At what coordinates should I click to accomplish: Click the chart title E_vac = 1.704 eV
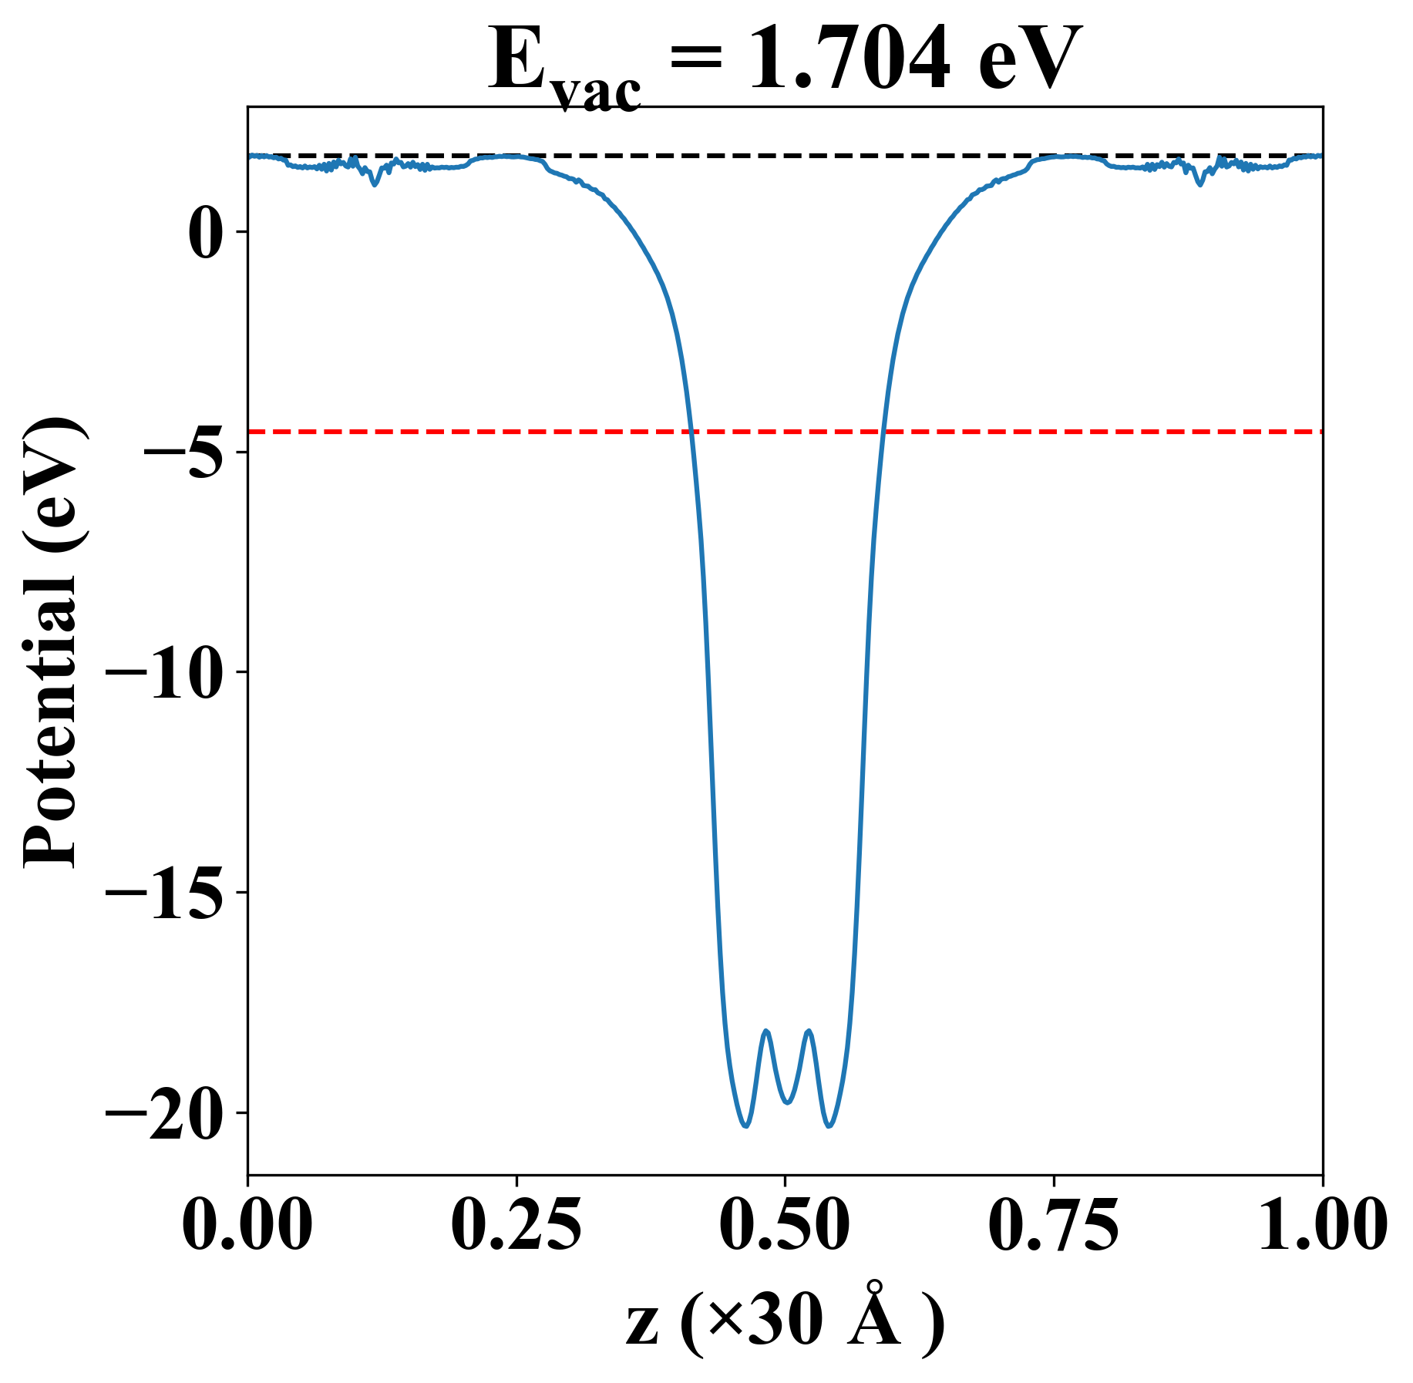click(x=785, y=62)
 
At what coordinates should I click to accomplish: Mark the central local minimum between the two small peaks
click(x=787, y=1102)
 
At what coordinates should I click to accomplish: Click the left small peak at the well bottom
click(x=766, y=1031)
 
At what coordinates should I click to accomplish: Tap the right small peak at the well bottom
click(x=809, y=1031)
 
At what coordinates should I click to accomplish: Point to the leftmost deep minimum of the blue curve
click(x=745, y=1126)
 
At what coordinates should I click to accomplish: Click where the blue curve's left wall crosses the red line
click(x=692, y=432)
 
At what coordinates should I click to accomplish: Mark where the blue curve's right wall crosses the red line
click(x=883, y=432)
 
